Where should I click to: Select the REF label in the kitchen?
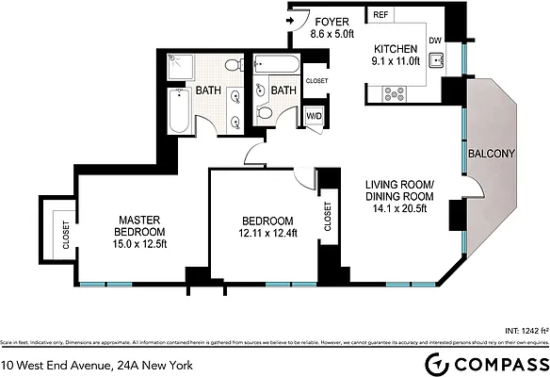coord(380,16)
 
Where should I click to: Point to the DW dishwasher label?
coord(435,41)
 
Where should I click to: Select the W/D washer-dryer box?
coord(314,116)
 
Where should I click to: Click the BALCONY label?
coord(491,154)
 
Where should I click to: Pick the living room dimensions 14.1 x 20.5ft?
coord(400,209)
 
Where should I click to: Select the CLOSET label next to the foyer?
coord(317,81)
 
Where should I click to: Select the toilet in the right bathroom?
coord(266,113)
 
